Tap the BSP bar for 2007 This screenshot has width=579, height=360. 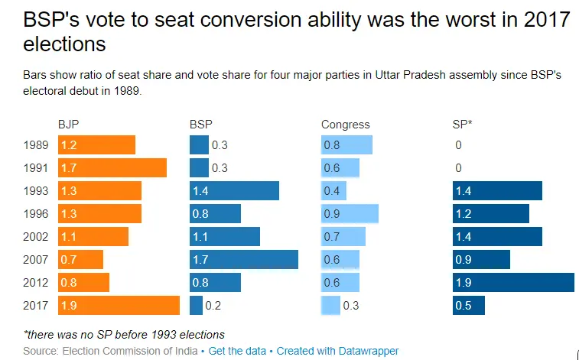coord(243,260)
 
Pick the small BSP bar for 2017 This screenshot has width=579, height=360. coord(196,306)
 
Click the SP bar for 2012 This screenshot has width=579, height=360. coord(512,283)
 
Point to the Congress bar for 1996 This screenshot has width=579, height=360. coord(350,214)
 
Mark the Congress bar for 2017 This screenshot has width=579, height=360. coord(330,306)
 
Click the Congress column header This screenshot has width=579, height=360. coord(345,125)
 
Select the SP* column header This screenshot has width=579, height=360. coord(462,125)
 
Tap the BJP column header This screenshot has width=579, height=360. coord(68,125)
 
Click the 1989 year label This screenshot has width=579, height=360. coord(36,145)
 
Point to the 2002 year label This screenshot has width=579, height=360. coord(36,237)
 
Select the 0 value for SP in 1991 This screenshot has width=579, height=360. coord(458,168)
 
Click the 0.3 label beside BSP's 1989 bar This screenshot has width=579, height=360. coord(220,145)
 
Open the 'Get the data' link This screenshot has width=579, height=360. coord(237,351)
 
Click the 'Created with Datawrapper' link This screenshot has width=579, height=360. coord(337,351)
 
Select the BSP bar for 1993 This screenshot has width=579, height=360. coord(234,191)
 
